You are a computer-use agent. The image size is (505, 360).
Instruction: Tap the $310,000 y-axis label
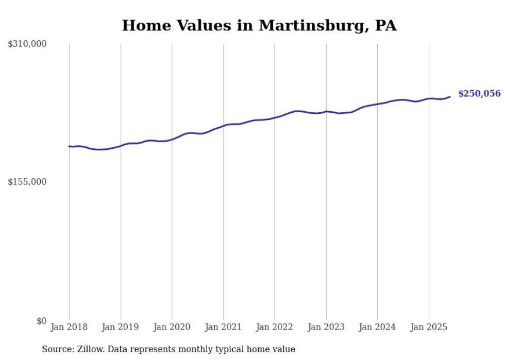(x=27, y=44)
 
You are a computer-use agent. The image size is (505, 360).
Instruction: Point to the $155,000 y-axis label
(x=27, y=182)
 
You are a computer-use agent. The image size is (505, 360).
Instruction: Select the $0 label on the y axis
(x=41, y=321)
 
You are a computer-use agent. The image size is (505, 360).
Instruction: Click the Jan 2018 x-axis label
(x=69, y=327)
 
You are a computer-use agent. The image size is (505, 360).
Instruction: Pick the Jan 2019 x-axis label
(x=121, y=327)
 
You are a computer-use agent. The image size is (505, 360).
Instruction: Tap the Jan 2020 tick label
(x=172, y=327)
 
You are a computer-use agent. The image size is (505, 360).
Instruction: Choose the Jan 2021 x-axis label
(x=223, y=327)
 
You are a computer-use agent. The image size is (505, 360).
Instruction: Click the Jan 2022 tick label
(x=275, y=327)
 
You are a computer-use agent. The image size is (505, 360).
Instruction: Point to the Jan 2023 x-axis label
(x=326, y=327)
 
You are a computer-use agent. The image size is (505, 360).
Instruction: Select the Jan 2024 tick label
(x=377, y=327)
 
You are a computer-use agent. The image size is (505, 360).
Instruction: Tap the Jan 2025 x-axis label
(x=429, y=327)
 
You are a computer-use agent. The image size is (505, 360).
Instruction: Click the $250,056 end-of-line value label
(x=479, y=94)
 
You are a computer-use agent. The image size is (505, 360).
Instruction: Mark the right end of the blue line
(x=450, y=96)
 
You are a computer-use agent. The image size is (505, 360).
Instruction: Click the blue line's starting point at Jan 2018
(x=69, y=146)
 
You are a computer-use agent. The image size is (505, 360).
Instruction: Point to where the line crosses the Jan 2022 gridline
(x=275, y=117)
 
